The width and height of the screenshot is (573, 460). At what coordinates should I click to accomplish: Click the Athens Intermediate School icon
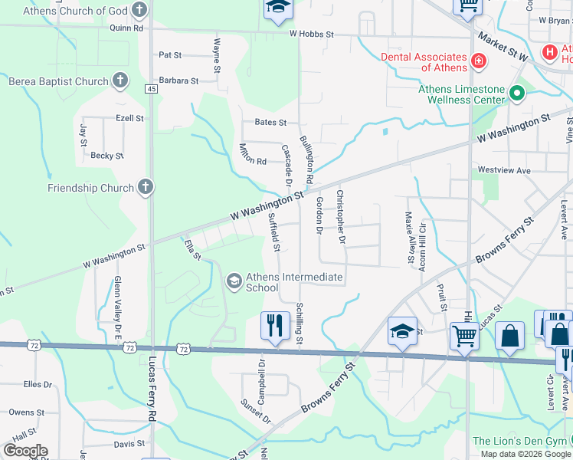point(233,282)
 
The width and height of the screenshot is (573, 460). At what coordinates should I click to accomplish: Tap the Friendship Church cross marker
point(146,187)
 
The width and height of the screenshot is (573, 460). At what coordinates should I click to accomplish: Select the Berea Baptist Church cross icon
point(120,80)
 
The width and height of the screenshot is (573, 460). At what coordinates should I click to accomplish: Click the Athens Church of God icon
point(139,10)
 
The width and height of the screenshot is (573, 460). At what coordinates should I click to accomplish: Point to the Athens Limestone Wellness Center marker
point(517,94)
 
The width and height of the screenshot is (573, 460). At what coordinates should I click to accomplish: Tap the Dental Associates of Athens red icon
point(479,60)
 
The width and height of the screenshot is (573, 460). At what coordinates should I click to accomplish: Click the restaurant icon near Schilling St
point(273,325)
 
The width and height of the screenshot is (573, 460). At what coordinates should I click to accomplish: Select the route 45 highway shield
point(151,89)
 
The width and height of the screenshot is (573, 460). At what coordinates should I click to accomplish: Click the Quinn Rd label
point(126,28)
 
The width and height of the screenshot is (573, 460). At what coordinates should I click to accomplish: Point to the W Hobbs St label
point(312,34)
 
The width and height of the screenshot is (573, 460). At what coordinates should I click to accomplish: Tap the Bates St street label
point(270,123)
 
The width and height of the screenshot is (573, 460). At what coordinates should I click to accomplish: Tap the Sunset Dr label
point(256,411)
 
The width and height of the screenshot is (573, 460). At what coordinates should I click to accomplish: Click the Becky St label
point(107,156)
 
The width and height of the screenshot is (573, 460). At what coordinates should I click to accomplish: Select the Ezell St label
point(129,119)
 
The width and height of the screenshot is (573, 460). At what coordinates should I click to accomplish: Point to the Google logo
point(25,451)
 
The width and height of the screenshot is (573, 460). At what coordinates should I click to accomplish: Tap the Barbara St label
point(178,80)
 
